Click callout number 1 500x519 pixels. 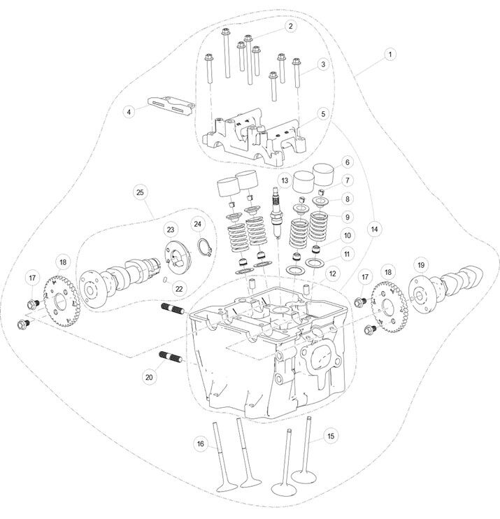390,53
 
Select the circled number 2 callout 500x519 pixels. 290,27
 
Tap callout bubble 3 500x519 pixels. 322,64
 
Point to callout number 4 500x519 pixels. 129,111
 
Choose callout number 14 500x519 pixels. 345,162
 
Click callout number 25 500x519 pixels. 140,191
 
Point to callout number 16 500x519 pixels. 200,443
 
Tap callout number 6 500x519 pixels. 345,162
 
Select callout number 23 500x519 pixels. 169,229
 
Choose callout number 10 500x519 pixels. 348,235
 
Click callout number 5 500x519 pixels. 323,113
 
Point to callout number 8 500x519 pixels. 348,199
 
